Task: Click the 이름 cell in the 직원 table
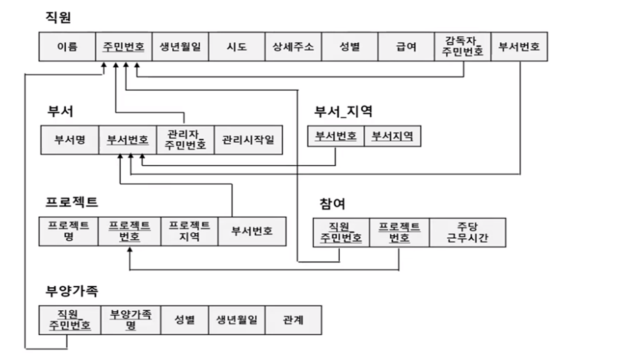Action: point(67,46)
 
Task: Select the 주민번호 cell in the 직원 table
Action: point(123,46)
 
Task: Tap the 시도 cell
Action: point(237,46)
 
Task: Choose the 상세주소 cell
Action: point(293,46)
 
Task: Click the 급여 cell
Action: point(406,46)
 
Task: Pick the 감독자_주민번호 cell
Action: point(463,46)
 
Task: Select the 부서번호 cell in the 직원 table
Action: point(519,46)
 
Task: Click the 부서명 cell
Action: point(70,140)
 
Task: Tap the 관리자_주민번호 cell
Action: point(185,140)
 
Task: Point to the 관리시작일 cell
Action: point(248,140)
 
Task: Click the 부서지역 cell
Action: point(392,136)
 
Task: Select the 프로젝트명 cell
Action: point(68,231)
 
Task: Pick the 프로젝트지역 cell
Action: point(189,231)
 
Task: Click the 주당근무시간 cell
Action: point(467,232)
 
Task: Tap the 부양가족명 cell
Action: point(131,320)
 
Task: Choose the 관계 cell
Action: point(293,320)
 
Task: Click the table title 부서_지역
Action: point(343,111)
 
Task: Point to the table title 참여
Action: point(332,204)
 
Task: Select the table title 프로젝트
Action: point(72,202)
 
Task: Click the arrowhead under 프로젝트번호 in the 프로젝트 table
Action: point(130,250)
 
